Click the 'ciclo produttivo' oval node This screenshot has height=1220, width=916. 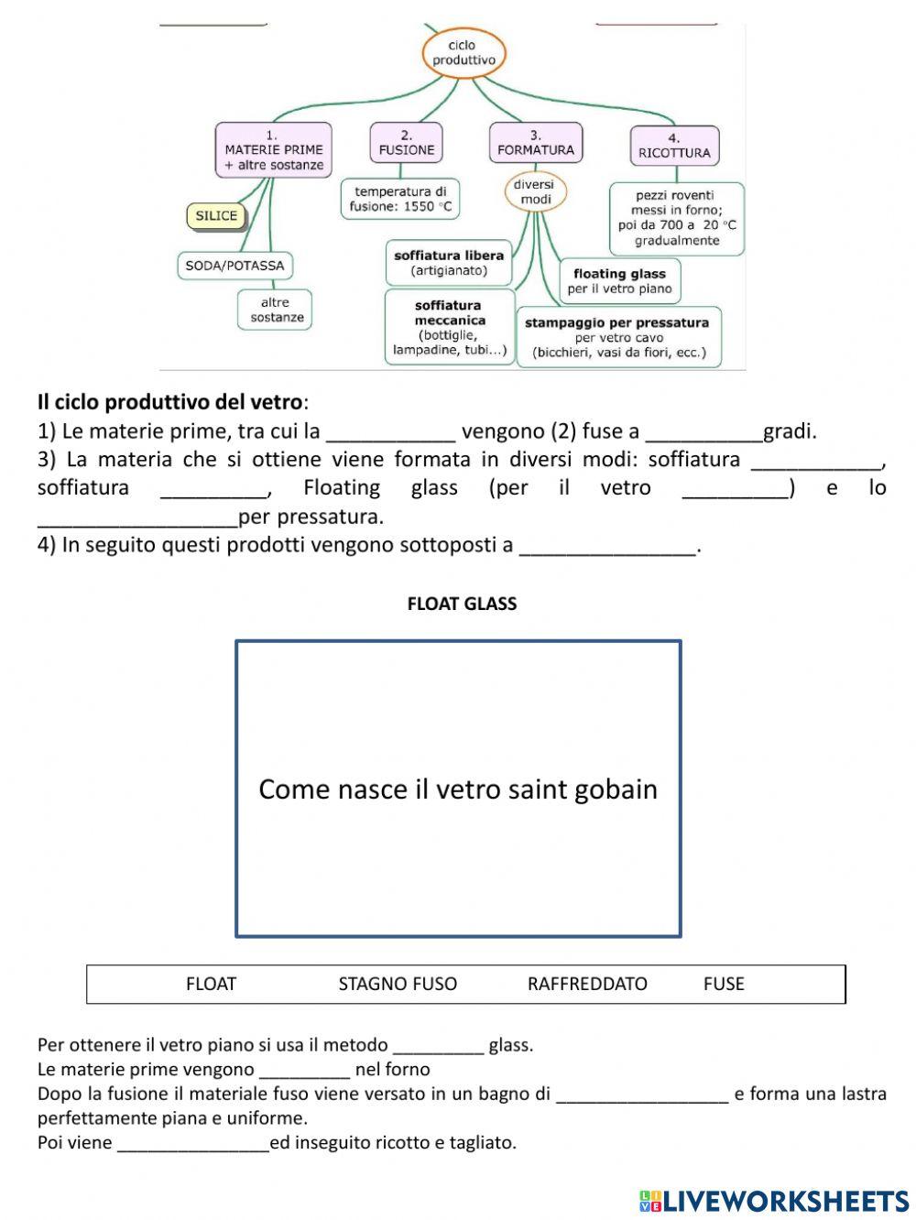coord(463,53)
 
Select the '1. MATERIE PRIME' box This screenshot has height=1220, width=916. coord(273,149)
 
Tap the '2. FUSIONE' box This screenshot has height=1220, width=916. coord(406,143)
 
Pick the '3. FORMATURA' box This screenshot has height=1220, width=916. coord(535,143)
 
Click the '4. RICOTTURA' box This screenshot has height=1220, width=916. coord(674,147)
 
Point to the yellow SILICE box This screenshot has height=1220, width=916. coord(216,216)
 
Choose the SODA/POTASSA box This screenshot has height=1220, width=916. coord(234,266)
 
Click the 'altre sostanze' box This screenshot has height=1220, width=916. coord(275,310)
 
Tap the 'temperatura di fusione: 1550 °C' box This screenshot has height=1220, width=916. coord(400,199)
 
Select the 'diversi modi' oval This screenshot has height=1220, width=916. coord(535,192)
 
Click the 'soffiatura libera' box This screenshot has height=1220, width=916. coord(448,263)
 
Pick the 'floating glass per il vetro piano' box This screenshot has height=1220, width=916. coord(619,281)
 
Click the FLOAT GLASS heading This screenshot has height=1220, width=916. coord(462,604)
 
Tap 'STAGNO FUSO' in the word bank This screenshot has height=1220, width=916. coord(398,984)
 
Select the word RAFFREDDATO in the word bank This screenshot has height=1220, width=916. coord(587,984)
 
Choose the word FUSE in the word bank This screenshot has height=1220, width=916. coord(724,984)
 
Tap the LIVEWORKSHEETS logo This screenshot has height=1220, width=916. coord(774,1201)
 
